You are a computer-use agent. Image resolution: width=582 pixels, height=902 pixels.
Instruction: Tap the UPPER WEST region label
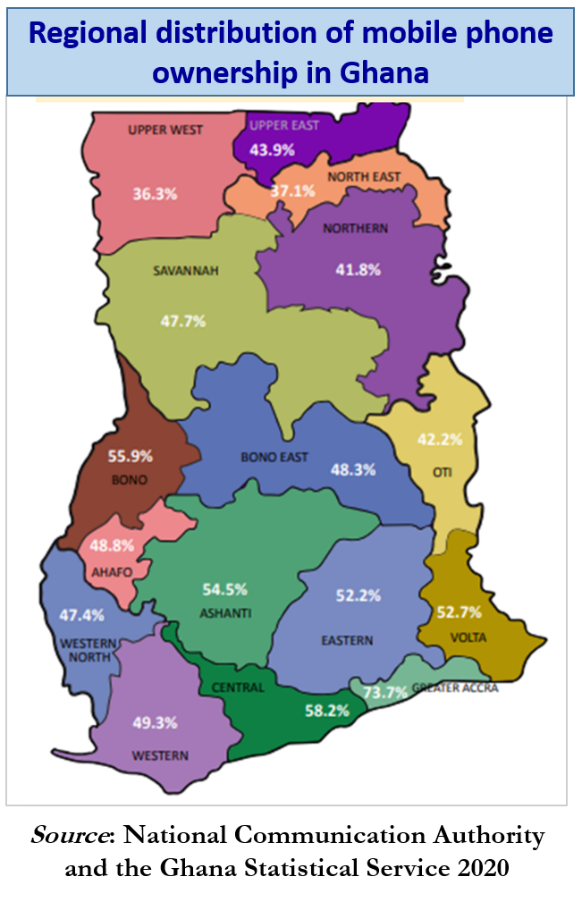pyautogui.click(x=165, y=130)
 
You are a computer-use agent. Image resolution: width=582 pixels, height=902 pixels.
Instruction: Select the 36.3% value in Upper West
pyautogui.click(x=155, y=193)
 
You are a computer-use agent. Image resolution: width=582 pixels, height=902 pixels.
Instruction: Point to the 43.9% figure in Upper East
pyautogui.click(x=272, y=149)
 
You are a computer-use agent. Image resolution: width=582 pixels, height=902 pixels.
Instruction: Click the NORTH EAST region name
pyautogui.click(x=364, y=177)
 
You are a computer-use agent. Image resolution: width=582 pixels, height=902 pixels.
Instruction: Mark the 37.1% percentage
pyautogui.click(x=293, y=190)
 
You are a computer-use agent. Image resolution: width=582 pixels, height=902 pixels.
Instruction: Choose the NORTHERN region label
pyautogui.click(x=356, y=228)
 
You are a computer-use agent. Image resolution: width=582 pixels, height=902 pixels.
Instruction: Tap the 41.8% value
pyautogui.click(x=358, y=269)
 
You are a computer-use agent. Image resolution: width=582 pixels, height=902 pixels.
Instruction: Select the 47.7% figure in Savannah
pyautogui.click(x=182, y=320)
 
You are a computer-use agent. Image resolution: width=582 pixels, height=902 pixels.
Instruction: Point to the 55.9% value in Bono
pyautogui.click(x=131, y=456)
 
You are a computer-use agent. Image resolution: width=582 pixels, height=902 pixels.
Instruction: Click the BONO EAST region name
pyautogui.click(x=274, y=457)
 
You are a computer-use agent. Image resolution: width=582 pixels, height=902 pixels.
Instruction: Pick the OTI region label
pyautogui.click(x=443, y=472)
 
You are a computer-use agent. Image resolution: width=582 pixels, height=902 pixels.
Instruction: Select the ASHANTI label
pyautogui.click(x=225, y=612)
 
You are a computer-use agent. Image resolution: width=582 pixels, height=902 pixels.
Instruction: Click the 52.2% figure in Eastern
pyautogui.click(x=358, y=595)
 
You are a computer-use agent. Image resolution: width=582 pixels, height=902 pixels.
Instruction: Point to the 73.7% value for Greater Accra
pyautogui.click(x=385, y=691)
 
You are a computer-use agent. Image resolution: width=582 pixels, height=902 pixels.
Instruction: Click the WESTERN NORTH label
pyautogui.click(x=88, y=650)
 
